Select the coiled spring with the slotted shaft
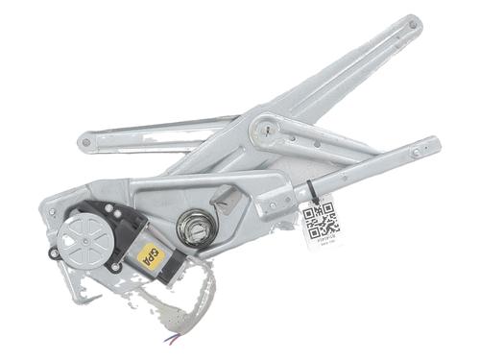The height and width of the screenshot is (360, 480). [x=196, y=227]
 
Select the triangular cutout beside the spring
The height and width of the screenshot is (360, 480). [x=228, y=203]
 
